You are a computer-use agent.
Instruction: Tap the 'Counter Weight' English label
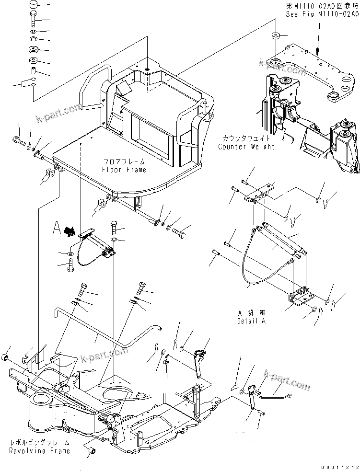(x=246, y=146)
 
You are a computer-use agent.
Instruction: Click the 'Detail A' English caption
(x=250, y=321)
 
